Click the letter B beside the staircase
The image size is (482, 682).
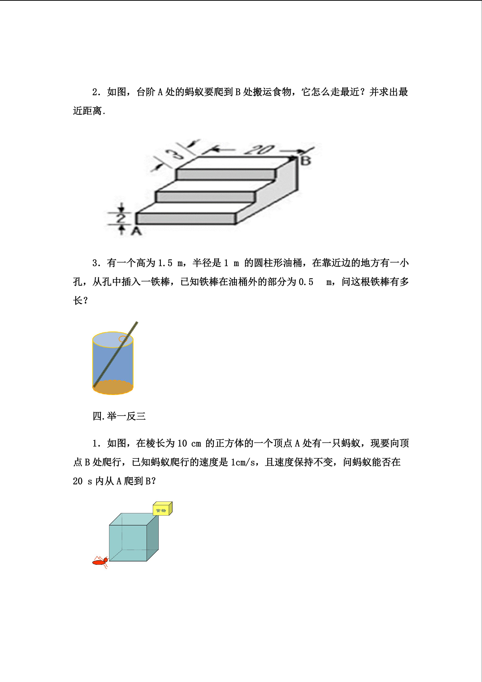coord(306,161)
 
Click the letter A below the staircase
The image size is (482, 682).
coord(136,231)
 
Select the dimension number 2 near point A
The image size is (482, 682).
coord(121,219)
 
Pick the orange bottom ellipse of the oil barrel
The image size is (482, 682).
coord(113,387)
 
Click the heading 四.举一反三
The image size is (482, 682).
coord(119,416)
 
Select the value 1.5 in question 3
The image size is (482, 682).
coord(165,263)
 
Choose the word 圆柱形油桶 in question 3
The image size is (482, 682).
coord(278,263)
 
